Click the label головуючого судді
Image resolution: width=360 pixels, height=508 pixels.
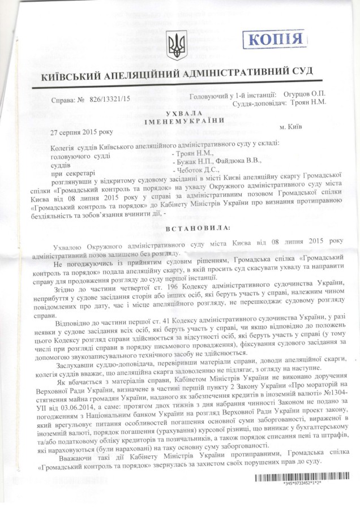click(x=80, y=152)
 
